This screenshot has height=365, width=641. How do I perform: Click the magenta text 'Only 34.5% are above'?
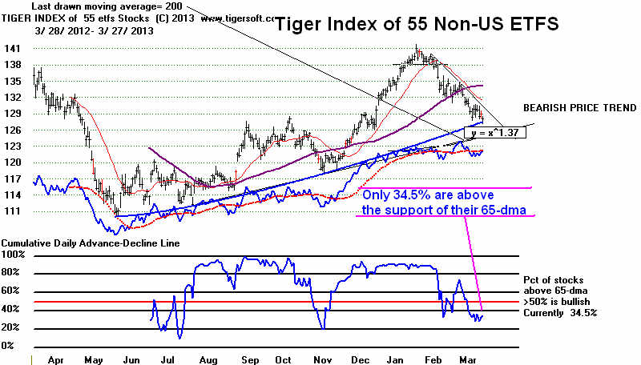click(429, 195)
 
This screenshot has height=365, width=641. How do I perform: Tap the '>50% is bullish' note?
click(561, 300)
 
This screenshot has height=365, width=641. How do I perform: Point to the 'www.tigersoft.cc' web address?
click(232, 17)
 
